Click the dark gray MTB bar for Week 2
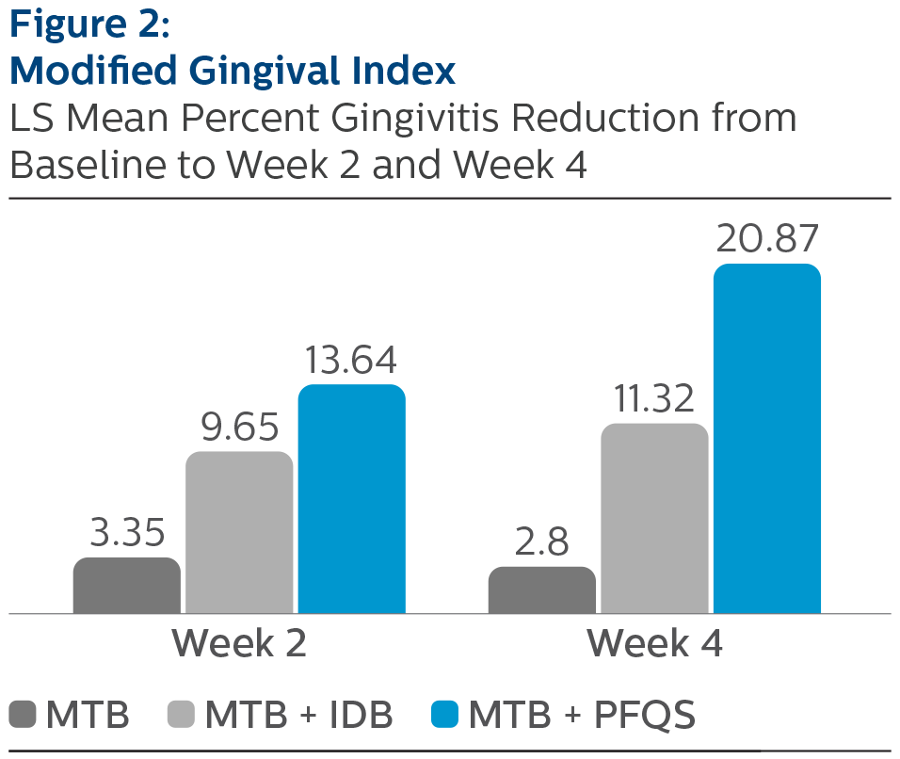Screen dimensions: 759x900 pyautogui.click(x=126, y=585)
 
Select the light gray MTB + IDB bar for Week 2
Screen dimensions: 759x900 pyautogui.click(x=239, y=532)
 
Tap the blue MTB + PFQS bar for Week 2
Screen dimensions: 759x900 pyautogui.click(x=352, y=499)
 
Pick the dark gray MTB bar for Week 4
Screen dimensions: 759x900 pyautogui.click(x=541, y=589)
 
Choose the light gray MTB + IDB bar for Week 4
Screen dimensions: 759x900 pyautogui.click(x=654, y=518)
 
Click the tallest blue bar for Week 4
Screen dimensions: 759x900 pyautogui.click(x=767, y=438)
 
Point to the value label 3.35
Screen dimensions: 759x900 pyautogui.click(x=127, y=534)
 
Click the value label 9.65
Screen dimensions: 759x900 pyautogui.click(x=239, y=428)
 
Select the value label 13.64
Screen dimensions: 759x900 pyautogui.click(x=351, y=362)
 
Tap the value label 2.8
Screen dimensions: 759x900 pyautogui.click(x=541, y=543)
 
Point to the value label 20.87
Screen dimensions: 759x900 pyautogui.click(x=767, y=240)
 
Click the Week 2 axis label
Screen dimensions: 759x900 pyautogui.click(x=239, y=644)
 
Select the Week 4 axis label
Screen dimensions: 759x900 pyautogui.click(x=654, y=644)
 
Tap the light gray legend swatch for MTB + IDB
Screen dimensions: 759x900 pyautogui.click(x=181, y=715)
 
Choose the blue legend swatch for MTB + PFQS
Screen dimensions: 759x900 pyautogui.click(x=444, y=715)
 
